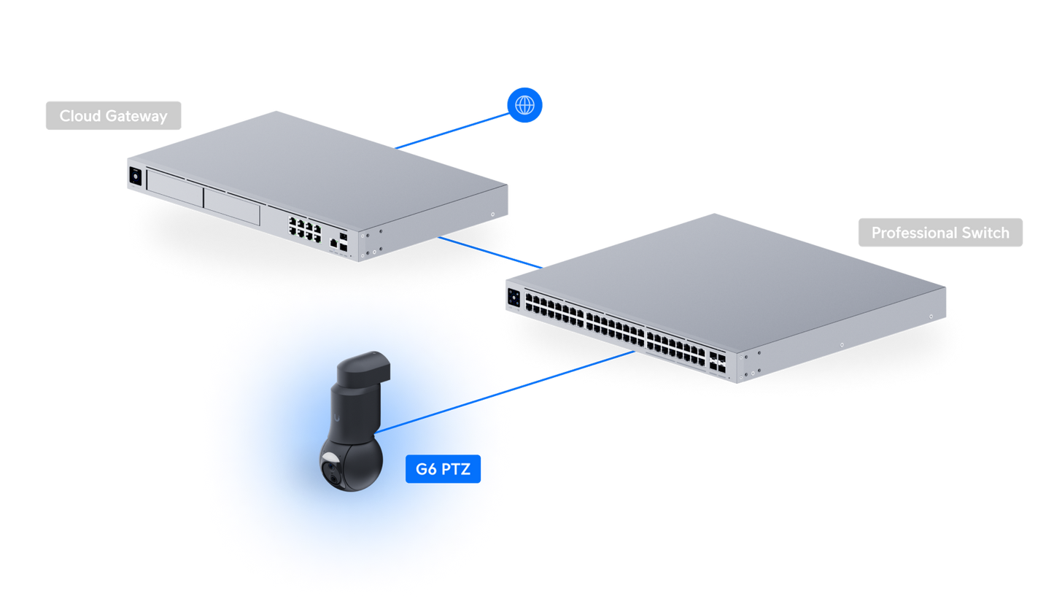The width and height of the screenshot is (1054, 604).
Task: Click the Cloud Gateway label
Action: [113, 116]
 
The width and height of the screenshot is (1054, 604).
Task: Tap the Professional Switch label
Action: [940, 233]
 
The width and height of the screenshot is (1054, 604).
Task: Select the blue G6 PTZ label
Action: [443, 469]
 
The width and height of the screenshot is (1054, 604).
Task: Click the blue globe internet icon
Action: [524, 105]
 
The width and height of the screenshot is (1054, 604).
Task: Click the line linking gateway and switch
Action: [490, 252]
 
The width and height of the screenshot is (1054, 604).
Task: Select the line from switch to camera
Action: [505, 392]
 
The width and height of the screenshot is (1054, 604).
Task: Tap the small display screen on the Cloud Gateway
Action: [135, 177]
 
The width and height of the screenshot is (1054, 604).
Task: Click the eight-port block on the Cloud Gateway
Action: [305, 230]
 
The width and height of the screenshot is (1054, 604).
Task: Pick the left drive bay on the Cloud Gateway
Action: [175, 189]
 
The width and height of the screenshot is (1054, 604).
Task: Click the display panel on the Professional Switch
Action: [514, 298]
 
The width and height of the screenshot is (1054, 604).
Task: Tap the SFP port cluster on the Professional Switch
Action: [718, 363]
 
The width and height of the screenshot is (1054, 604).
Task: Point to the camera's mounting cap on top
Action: [364, 368]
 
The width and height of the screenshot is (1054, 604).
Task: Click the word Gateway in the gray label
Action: [136, 116]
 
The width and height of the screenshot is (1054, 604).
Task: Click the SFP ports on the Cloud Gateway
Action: [343, 241]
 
